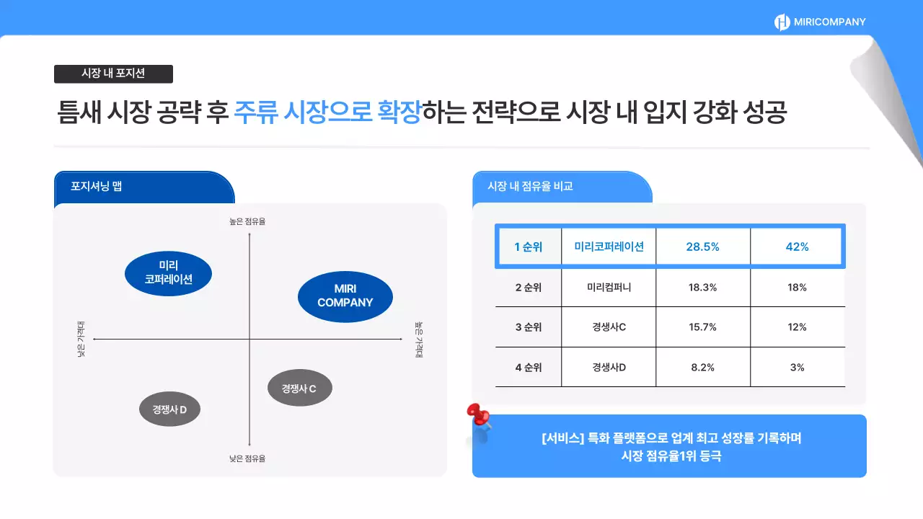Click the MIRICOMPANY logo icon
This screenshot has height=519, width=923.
pos(782,22)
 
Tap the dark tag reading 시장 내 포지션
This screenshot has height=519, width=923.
pos(113,74)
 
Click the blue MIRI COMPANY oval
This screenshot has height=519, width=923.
pos(345,296)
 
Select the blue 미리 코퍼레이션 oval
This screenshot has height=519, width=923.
pos(168,272)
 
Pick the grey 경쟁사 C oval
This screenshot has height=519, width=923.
pos(300,389)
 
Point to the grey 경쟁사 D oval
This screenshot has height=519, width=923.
pos(169,410)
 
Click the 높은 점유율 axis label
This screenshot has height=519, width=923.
pos(247,221)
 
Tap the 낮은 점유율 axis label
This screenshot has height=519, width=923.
pos(247,458)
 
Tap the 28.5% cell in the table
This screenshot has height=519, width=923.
pos(702,247)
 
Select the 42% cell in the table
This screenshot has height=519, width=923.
pos(797,247)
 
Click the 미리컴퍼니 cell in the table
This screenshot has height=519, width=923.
pos(609,287)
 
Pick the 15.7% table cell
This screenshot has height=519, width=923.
pos(702,327)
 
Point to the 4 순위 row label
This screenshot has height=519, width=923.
pos(528,368)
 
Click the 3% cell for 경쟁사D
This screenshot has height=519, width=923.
pos(797,368)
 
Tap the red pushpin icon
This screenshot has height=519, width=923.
pos(478,415)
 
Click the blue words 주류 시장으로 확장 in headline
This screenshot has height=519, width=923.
pos(327,113)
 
